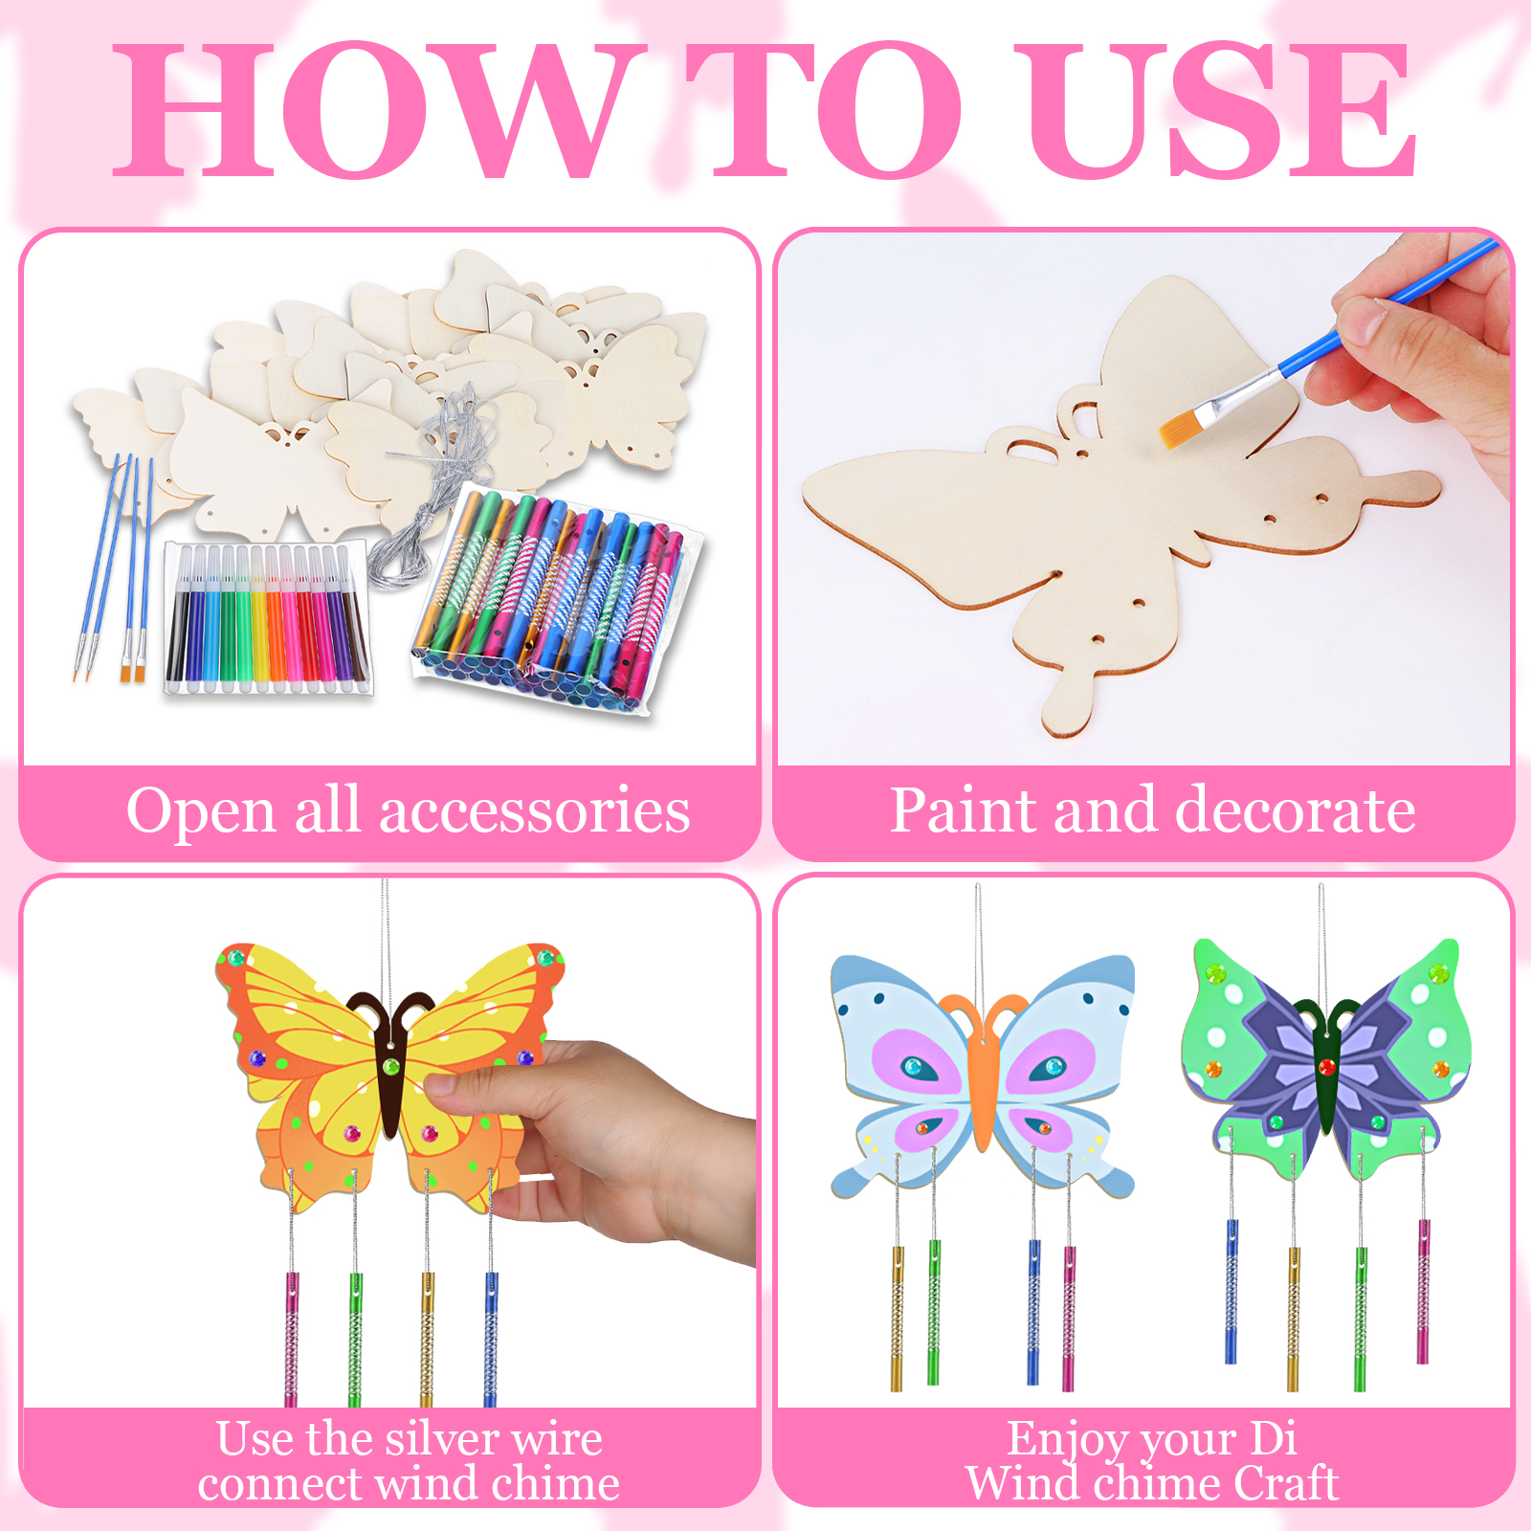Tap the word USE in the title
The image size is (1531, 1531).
(1215, 110)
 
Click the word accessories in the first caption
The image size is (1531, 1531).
(535, 811)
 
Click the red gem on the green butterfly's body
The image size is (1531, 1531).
(1326, 1067)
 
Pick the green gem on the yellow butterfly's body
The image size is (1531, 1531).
(390, 1066)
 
